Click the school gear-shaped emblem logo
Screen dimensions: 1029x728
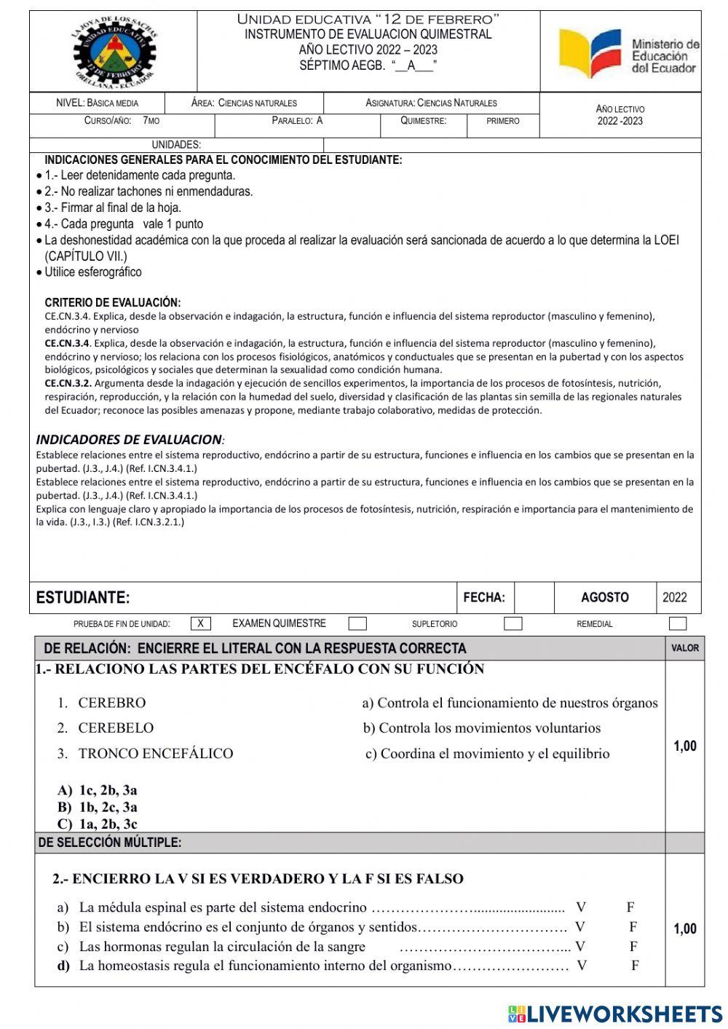click(114, 52)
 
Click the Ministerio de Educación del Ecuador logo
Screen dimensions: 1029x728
click(628, 54)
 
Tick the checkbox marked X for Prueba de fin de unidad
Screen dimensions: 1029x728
click(201, 623)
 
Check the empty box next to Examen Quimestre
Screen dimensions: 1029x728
click(357, 623)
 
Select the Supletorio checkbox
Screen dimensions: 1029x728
click(513, 623)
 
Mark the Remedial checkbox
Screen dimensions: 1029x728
click(677, 623)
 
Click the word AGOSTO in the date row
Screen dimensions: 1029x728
click(604, 597)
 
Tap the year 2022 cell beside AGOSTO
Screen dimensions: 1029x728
click(674, 597)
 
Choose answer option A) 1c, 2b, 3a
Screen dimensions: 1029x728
click(98, 790)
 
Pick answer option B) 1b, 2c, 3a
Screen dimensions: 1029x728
click(98, 807)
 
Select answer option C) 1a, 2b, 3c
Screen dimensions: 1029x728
click(98, 824)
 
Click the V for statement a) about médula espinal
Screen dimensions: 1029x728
click(580, 907)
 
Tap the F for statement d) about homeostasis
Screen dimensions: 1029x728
click(635, 966)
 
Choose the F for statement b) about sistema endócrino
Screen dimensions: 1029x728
click(633, 927)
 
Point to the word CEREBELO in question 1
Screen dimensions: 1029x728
click(116, 728)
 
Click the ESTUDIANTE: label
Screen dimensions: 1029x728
click(83, 598)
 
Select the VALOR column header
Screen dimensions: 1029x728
click(684, 647)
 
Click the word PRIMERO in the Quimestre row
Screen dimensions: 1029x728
click(503, 121)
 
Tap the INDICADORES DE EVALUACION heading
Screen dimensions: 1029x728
click(130, 439)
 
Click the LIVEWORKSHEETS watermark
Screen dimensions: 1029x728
click(615, 1013)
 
